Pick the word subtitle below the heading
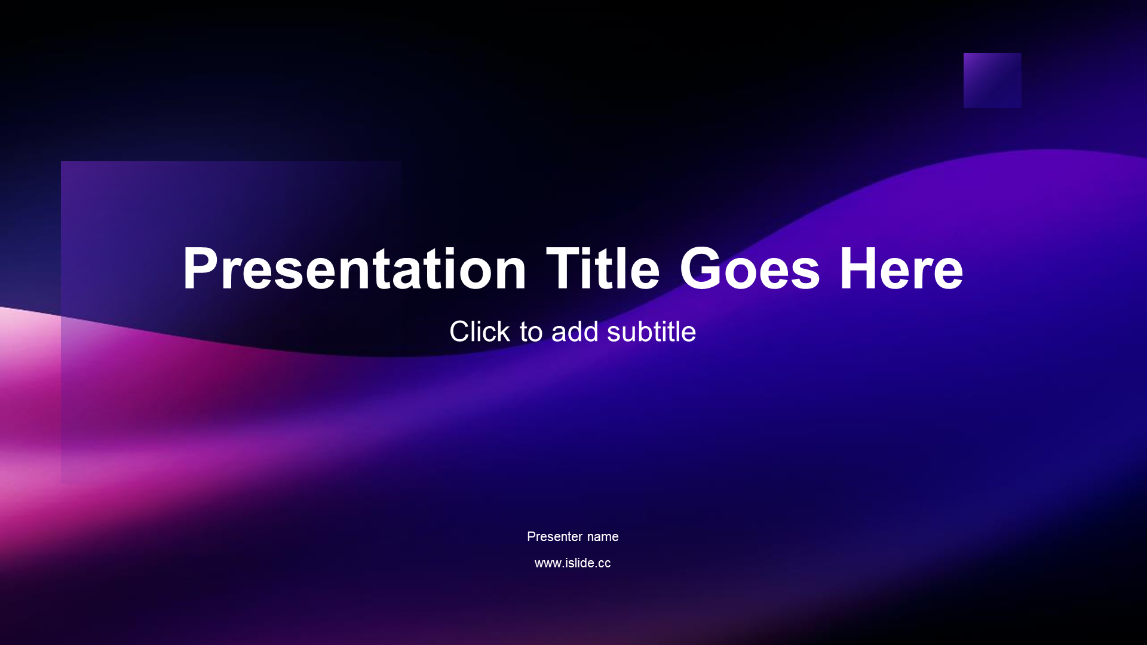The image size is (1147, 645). coord(651,331)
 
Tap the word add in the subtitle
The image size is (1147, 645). coord(575,331)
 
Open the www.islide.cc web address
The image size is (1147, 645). coord(572,563)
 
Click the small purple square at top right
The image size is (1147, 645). coord(992,81)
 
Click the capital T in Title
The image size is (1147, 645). coord(565,268)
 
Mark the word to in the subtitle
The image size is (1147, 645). coord(531,332)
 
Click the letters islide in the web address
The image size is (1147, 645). coord(580,563)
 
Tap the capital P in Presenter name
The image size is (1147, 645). coord(532,536)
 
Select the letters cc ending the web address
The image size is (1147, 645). coord(605,564)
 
